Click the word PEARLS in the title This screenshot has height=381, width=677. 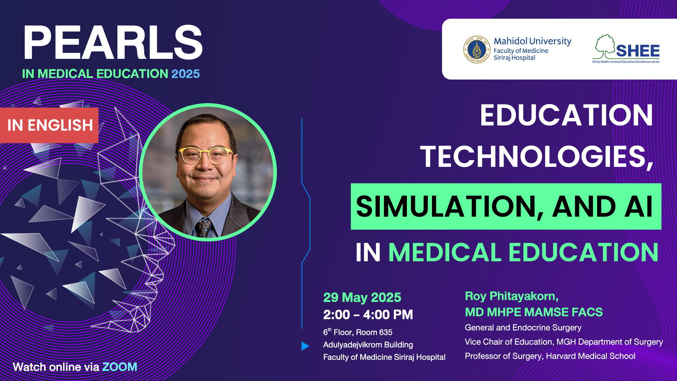(113, 43)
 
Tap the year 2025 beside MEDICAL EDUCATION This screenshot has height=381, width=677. (185, 74)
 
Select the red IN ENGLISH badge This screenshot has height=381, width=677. (49, 125)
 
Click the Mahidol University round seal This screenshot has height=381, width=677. (477, 49)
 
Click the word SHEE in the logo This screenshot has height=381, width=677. (638, 51)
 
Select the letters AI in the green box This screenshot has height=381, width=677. (638, 207)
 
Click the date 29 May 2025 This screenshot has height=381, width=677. (362, 297)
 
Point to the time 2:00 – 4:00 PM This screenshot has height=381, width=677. (368, 315)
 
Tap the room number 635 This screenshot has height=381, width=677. (385, 332)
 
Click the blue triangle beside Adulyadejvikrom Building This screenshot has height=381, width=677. (305, 346)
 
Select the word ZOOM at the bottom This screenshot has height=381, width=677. (120, 367)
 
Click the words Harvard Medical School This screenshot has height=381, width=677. (591, 356)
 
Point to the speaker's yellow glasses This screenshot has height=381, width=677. (206, 155)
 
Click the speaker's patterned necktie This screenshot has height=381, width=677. (204, 228)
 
